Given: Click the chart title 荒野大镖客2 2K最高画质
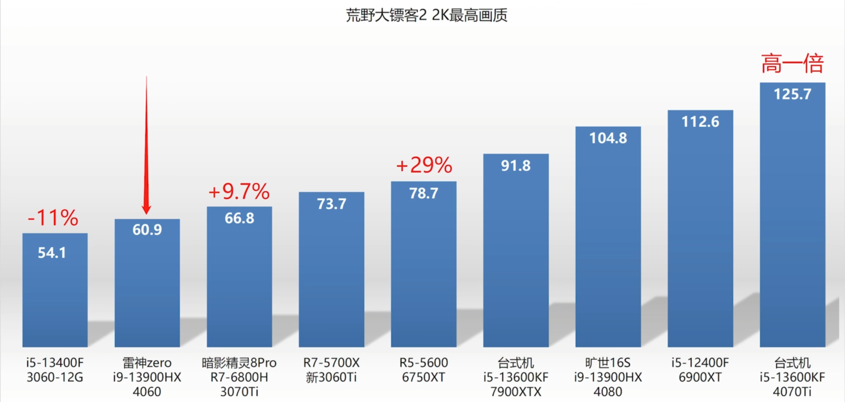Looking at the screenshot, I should tap(426, 15).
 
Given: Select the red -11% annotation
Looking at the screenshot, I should tap(53, 218).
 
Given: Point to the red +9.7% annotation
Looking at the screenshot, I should tap(239, 191).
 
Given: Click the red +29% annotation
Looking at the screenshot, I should tap(424, 165).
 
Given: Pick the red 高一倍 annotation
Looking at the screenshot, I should tap(792, 64).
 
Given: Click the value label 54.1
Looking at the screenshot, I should tap(52, 253).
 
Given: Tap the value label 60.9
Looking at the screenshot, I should tap(147, 230).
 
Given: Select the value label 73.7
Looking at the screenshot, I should tap(332, 204).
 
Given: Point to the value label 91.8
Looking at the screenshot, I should tap(516, 166).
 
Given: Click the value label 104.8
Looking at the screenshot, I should tap(608, 138).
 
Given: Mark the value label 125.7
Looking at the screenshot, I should tap(792, 94).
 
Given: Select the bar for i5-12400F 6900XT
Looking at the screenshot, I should tap(700, 238).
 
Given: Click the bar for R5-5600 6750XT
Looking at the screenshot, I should tap(424, 275).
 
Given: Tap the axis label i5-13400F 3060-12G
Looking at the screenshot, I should tap(55, 370).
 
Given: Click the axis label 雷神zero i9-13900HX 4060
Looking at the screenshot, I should tap(147, 377).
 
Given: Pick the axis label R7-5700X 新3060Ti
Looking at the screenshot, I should tap(332, 370).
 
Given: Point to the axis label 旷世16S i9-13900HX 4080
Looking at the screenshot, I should tap(608, 377).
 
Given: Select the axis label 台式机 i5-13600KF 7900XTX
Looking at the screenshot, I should tap(516, 377).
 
